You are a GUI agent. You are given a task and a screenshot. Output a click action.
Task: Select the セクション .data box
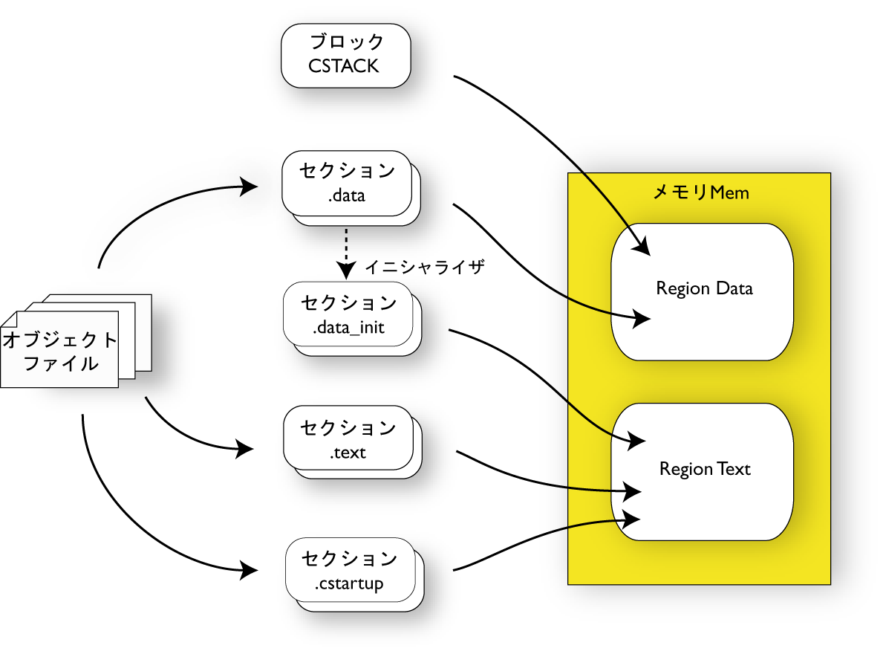tap(347, 183)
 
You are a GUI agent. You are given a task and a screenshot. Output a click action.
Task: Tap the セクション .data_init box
tap(348, 314)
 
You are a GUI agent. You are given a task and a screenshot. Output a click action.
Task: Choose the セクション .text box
tap(348, 439)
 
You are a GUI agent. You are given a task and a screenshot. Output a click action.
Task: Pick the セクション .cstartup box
tap(350, 570)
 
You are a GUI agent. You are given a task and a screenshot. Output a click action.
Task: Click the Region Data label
tap(704, 288)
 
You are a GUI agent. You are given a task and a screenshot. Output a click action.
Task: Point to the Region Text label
tap(705, 470)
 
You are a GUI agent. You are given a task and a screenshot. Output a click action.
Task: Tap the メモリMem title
tap(700, 192)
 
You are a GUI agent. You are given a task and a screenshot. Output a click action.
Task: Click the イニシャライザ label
tap(425, 268)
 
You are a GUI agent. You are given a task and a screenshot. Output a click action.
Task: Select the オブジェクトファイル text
tap(60, 352)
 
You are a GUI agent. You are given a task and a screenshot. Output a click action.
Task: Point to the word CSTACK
tap(344, 66)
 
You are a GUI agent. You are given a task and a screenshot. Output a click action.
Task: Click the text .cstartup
tap(349, 584)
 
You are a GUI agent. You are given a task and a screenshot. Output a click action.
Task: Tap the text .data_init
tap(348, 327)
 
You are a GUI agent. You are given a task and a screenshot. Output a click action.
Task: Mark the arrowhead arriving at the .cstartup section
tap(250, 571)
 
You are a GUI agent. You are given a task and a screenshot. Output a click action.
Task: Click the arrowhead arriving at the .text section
tap(245, 448)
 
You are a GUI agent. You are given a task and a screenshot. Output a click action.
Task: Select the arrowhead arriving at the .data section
tap(250, 187)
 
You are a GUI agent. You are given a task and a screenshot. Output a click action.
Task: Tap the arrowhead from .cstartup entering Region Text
tap(631, 517)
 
